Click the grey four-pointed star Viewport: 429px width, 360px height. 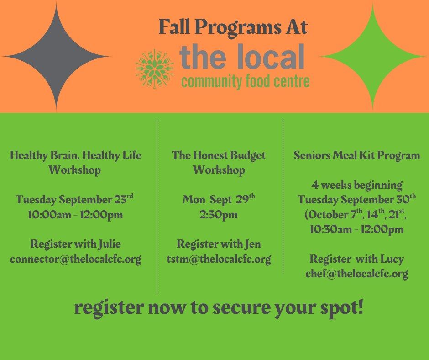(56, 57)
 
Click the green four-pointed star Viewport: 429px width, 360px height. (372, 57)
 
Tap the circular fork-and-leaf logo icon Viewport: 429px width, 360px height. (155, 69)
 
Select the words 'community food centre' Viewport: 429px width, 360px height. (246, 81)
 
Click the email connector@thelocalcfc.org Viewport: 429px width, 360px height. (76, 259)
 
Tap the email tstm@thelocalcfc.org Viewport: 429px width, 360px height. (219, 259)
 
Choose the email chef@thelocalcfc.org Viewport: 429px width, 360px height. (357, 274)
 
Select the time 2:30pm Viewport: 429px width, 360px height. (219, 215)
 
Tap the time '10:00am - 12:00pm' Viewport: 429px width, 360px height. (75, 215)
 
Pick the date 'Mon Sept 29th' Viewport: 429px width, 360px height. (219, 200)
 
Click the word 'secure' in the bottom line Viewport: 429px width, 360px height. (241, 308)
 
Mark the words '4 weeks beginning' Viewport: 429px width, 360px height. (357, 185)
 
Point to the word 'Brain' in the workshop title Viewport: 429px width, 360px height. (65, 155)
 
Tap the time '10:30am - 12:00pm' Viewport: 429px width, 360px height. (357, 229)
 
